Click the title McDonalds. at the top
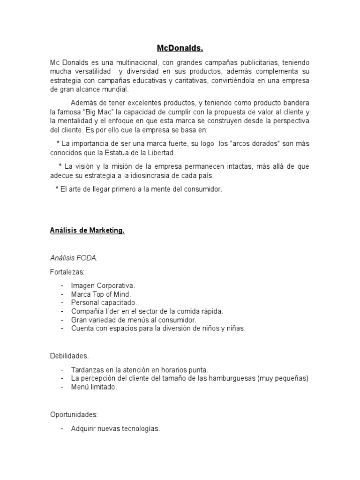coord(180,48)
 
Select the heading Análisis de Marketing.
coord(87,231)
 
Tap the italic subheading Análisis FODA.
coord(74,257)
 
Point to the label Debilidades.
coord(69,356)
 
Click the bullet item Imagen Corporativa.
coord(103,285)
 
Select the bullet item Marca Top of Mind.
coord(101,294)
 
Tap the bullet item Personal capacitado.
coord(104,302)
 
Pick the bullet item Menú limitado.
coord(94,387)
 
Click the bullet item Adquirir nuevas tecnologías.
coord(116,428)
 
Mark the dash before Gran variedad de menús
coord(62,320)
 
